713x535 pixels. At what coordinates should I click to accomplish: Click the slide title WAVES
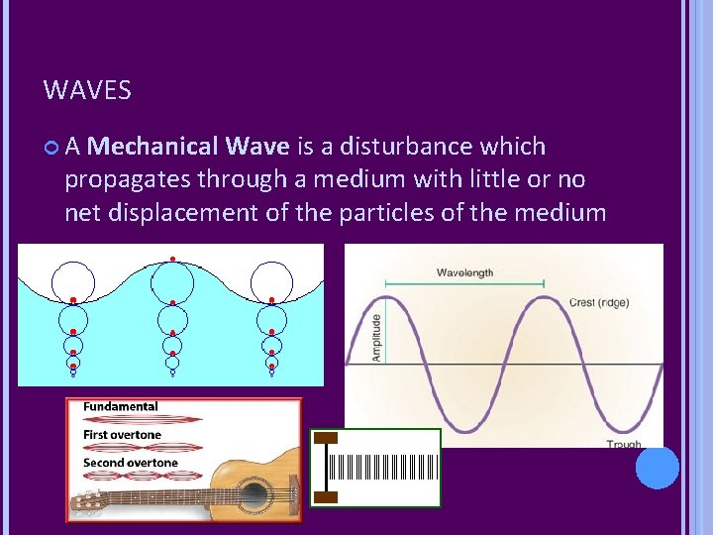click(x=87, y=91)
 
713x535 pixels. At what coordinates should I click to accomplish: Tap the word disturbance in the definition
click(x=409, y=147)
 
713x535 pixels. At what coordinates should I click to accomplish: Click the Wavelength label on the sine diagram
click(x=464, y=272)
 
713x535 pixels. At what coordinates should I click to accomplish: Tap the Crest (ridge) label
click(x=598, y=302)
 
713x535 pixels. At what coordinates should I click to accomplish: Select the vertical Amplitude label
click(x=375, y=337)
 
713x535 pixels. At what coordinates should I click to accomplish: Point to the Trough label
click(x=624, y=445)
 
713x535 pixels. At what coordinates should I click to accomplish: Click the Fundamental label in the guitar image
click(x=120, y=406)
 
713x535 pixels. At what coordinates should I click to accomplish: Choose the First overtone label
click(x=122, y=434)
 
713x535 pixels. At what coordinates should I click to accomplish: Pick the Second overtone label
click(x=130, y=463)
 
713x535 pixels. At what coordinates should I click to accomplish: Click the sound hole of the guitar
click(x=254, y=495)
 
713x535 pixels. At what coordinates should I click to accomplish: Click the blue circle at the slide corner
click(x=658, y=468)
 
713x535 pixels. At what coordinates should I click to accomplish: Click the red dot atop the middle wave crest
click(x=172, y=259)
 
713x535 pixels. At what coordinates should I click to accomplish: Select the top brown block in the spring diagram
click(x=326, y=437)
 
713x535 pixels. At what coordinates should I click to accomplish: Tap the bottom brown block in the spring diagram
click(x=326, y=497)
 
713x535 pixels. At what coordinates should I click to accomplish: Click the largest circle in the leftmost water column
click(x=72, y=281)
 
